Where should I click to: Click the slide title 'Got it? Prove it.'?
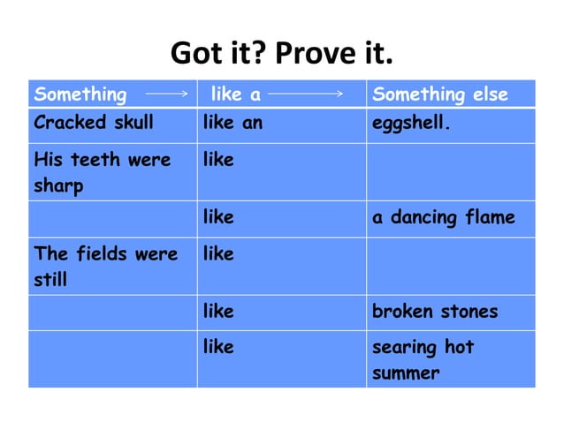(281, 54)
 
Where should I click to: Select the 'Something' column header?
(80, 94)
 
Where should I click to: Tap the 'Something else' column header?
(440, 94)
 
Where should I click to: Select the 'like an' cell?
(232, 123)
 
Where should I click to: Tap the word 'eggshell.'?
(411, 123)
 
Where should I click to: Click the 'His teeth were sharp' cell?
(103, 173)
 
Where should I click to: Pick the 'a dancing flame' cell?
(443, 217)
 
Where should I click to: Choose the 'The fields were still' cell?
(105, 267)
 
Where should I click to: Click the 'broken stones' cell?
(435, 312)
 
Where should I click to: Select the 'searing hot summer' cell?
(423, 359)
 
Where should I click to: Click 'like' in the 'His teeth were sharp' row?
(218, 161)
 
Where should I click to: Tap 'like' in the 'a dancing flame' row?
(218, 217)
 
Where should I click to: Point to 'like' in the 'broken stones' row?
(218, 312)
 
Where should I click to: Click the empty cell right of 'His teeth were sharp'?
(450, 172)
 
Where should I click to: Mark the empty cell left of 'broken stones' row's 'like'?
(112, 312)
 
